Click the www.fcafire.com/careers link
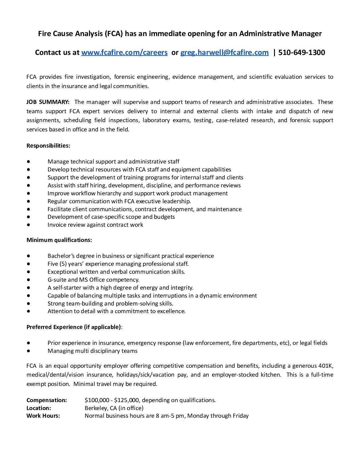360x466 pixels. coord(124,52)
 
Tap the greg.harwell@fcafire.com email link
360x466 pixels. coord(224,52)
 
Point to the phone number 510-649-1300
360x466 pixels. coord(302,52)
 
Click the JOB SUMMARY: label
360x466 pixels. coord(48,102)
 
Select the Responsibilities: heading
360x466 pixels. coord(48,146)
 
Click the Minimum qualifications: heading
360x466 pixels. coord(59,240)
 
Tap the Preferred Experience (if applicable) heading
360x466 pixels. coord(74,327)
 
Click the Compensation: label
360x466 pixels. coord(47,400)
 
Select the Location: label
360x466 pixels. coord(39,408)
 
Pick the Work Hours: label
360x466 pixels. coord(43,416)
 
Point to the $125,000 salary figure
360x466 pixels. coord(126,400)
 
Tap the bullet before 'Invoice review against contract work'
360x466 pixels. coord(29,225)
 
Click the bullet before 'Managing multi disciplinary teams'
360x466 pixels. coord(29,351)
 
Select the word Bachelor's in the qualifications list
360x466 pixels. coord(61,256)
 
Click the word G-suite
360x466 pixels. coord(57,280)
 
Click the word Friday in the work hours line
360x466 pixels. coord(241,416)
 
